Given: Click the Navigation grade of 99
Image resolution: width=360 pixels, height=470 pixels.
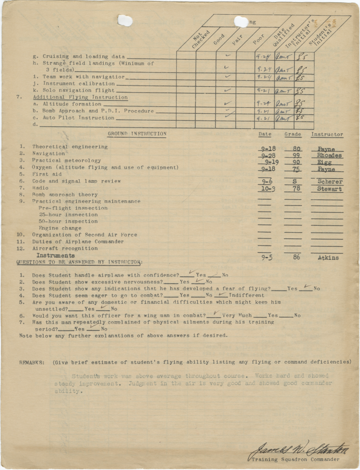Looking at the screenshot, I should point(293,156).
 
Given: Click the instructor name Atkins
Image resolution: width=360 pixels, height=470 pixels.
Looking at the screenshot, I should point(328,258).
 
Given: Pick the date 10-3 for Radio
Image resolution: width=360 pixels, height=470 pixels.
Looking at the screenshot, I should point(266,189).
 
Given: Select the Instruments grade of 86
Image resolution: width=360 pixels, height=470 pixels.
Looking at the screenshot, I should point(296,257).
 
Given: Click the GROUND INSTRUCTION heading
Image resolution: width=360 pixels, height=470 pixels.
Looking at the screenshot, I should point(137,134).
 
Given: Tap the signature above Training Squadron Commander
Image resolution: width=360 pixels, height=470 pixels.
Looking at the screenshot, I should point(301,448).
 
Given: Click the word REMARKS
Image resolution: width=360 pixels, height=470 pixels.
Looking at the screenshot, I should point(32,362).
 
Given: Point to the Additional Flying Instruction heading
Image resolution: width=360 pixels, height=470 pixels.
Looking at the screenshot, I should point(80,97).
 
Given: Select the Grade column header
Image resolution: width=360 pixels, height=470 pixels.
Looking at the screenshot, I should point(293,134).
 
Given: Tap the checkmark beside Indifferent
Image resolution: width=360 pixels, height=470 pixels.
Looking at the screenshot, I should point(222,294).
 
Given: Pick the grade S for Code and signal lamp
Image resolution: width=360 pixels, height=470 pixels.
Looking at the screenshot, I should point(294,182).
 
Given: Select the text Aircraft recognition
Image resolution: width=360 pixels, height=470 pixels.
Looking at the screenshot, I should point(65,248).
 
